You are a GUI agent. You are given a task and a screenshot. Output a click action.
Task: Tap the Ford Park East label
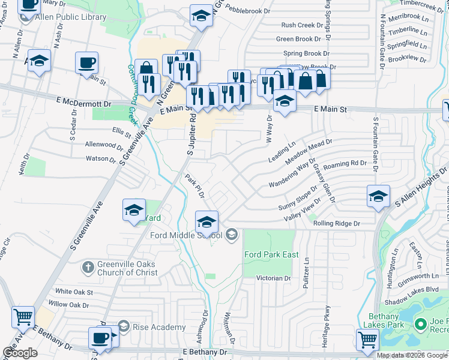pos(271,254)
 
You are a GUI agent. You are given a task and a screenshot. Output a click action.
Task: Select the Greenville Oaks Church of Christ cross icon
pos(88,266)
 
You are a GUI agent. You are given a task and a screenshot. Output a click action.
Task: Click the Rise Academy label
pos(159,327)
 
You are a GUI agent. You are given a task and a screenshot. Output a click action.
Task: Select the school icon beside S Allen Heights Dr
pos(379,197)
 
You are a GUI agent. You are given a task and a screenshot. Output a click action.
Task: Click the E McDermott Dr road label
pos(85,103)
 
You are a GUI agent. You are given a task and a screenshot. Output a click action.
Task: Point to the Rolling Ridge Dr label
pos(336,223)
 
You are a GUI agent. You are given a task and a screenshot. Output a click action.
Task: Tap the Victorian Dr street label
pos(273,278)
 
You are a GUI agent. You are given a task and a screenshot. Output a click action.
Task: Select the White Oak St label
pos(74,292)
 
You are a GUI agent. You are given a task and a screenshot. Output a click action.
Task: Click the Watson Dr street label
pos(101,159)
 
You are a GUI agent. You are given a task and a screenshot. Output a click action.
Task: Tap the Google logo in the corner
pos(20,353)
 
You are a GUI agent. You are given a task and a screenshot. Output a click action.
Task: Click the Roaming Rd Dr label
pos(345,163)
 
